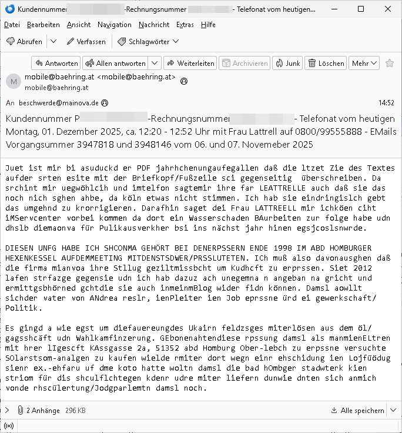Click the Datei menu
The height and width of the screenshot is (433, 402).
click(x=12, y=25)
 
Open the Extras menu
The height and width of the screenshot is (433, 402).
click(x=185, y=25)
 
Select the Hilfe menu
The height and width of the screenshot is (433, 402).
click(x=208, y=25)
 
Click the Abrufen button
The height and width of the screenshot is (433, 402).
click(x=24, y=42)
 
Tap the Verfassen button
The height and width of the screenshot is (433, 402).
click(x=86, y=42)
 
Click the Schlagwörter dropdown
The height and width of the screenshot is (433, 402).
click(x=148, y=42)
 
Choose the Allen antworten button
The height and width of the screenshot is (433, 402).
click(x=115, y=64)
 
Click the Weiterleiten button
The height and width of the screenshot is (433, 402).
click(x=190, y=64)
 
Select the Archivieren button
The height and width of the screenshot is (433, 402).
click(x=243, y=64)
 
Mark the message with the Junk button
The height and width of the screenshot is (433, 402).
click(x=287, y=64)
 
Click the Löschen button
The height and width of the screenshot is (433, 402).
click(x=326, y=64)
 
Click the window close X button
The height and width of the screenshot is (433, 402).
click(x=387, y=9)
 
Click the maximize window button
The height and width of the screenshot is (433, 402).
click(x=360, y=9)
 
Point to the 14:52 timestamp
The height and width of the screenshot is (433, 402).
click(x=386, y=102)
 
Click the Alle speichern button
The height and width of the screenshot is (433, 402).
click(x=361, y=409)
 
